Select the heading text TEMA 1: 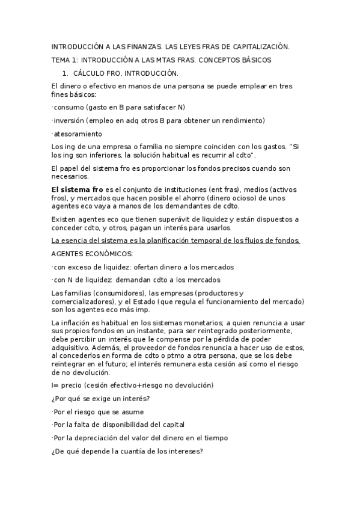point(64,60)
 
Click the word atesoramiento point(78,134)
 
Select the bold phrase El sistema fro point(78,189)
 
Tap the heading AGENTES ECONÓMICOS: point(93,254)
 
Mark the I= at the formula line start point(56,385)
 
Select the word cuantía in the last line point(139,452)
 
